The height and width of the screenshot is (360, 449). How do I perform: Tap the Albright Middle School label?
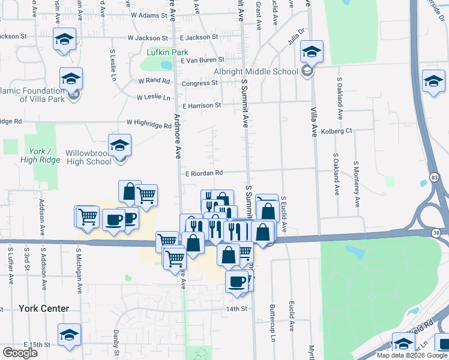coord(256,71)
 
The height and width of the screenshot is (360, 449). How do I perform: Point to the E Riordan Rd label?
coord(204,173)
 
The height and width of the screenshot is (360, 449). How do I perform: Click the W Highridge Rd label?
coord(149,124)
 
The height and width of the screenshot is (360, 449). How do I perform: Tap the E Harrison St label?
coord(202,106)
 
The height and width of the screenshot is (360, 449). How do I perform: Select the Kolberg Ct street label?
coord(336,131)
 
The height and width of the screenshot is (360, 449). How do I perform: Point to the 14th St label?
coord(237,309)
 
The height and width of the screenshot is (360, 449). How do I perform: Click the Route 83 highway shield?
coord(434,178)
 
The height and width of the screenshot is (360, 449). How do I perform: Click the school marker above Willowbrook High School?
coord(119,145)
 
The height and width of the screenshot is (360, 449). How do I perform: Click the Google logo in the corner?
coord(20,353)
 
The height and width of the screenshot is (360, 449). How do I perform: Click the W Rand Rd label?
coord(154,81)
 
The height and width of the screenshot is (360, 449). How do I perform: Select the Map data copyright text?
coord(411,355)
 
